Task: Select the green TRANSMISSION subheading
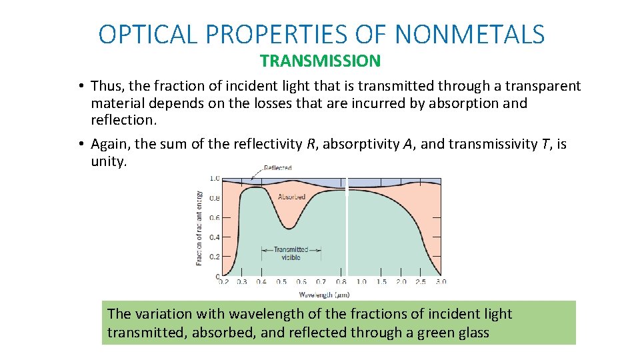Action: (320, 61)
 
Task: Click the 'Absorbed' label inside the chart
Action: (291, 197)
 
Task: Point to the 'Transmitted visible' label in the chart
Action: (291, 253)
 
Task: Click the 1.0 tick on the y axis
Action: (215, 179)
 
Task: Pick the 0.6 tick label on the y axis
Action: (215, 217)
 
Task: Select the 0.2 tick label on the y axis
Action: (215, 257)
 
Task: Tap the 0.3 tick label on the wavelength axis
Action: (241, 282)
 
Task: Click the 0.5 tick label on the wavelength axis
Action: (281, 282)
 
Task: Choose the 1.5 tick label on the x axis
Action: (381, 282)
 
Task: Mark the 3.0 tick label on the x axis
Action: (441, 282)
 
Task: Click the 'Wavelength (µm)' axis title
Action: (324, 294)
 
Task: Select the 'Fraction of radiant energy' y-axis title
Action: (199, 228)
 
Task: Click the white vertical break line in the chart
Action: (347, 227)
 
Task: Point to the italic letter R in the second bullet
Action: (310, 144)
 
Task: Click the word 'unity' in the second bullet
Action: (107, 161)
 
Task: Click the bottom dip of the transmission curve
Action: (287, 227)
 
